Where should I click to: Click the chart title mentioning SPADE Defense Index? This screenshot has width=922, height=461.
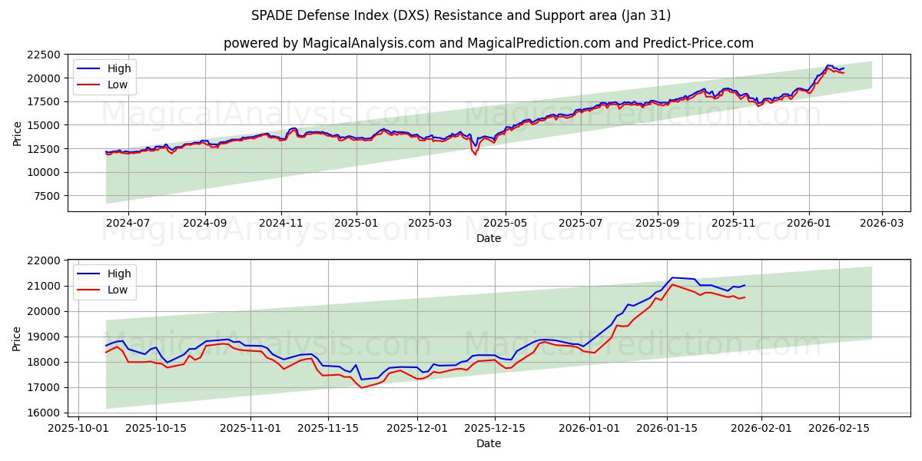[460, 15]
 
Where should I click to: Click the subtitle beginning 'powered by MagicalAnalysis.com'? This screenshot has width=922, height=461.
[488, 43]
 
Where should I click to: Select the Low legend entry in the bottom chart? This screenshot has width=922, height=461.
[118, 290]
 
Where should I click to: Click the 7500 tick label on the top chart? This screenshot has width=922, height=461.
[47, 196]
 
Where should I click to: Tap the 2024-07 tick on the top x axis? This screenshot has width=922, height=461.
[128, 224]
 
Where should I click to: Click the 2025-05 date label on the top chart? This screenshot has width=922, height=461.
[506, 224]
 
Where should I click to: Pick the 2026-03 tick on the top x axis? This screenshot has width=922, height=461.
[881, 224]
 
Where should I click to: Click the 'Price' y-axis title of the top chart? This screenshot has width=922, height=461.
[18, 132]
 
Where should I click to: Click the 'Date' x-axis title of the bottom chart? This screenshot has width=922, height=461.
[488, 443]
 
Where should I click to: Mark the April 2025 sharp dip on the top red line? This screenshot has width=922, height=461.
[475, 154]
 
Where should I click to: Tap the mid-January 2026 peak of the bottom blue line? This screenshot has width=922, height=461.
[672, 277]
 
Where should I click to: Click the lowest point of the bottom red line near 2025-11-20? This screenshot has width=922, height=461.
[362, 387]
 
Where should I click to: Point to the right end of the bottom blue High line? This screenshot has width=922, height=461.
[745, 285]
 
